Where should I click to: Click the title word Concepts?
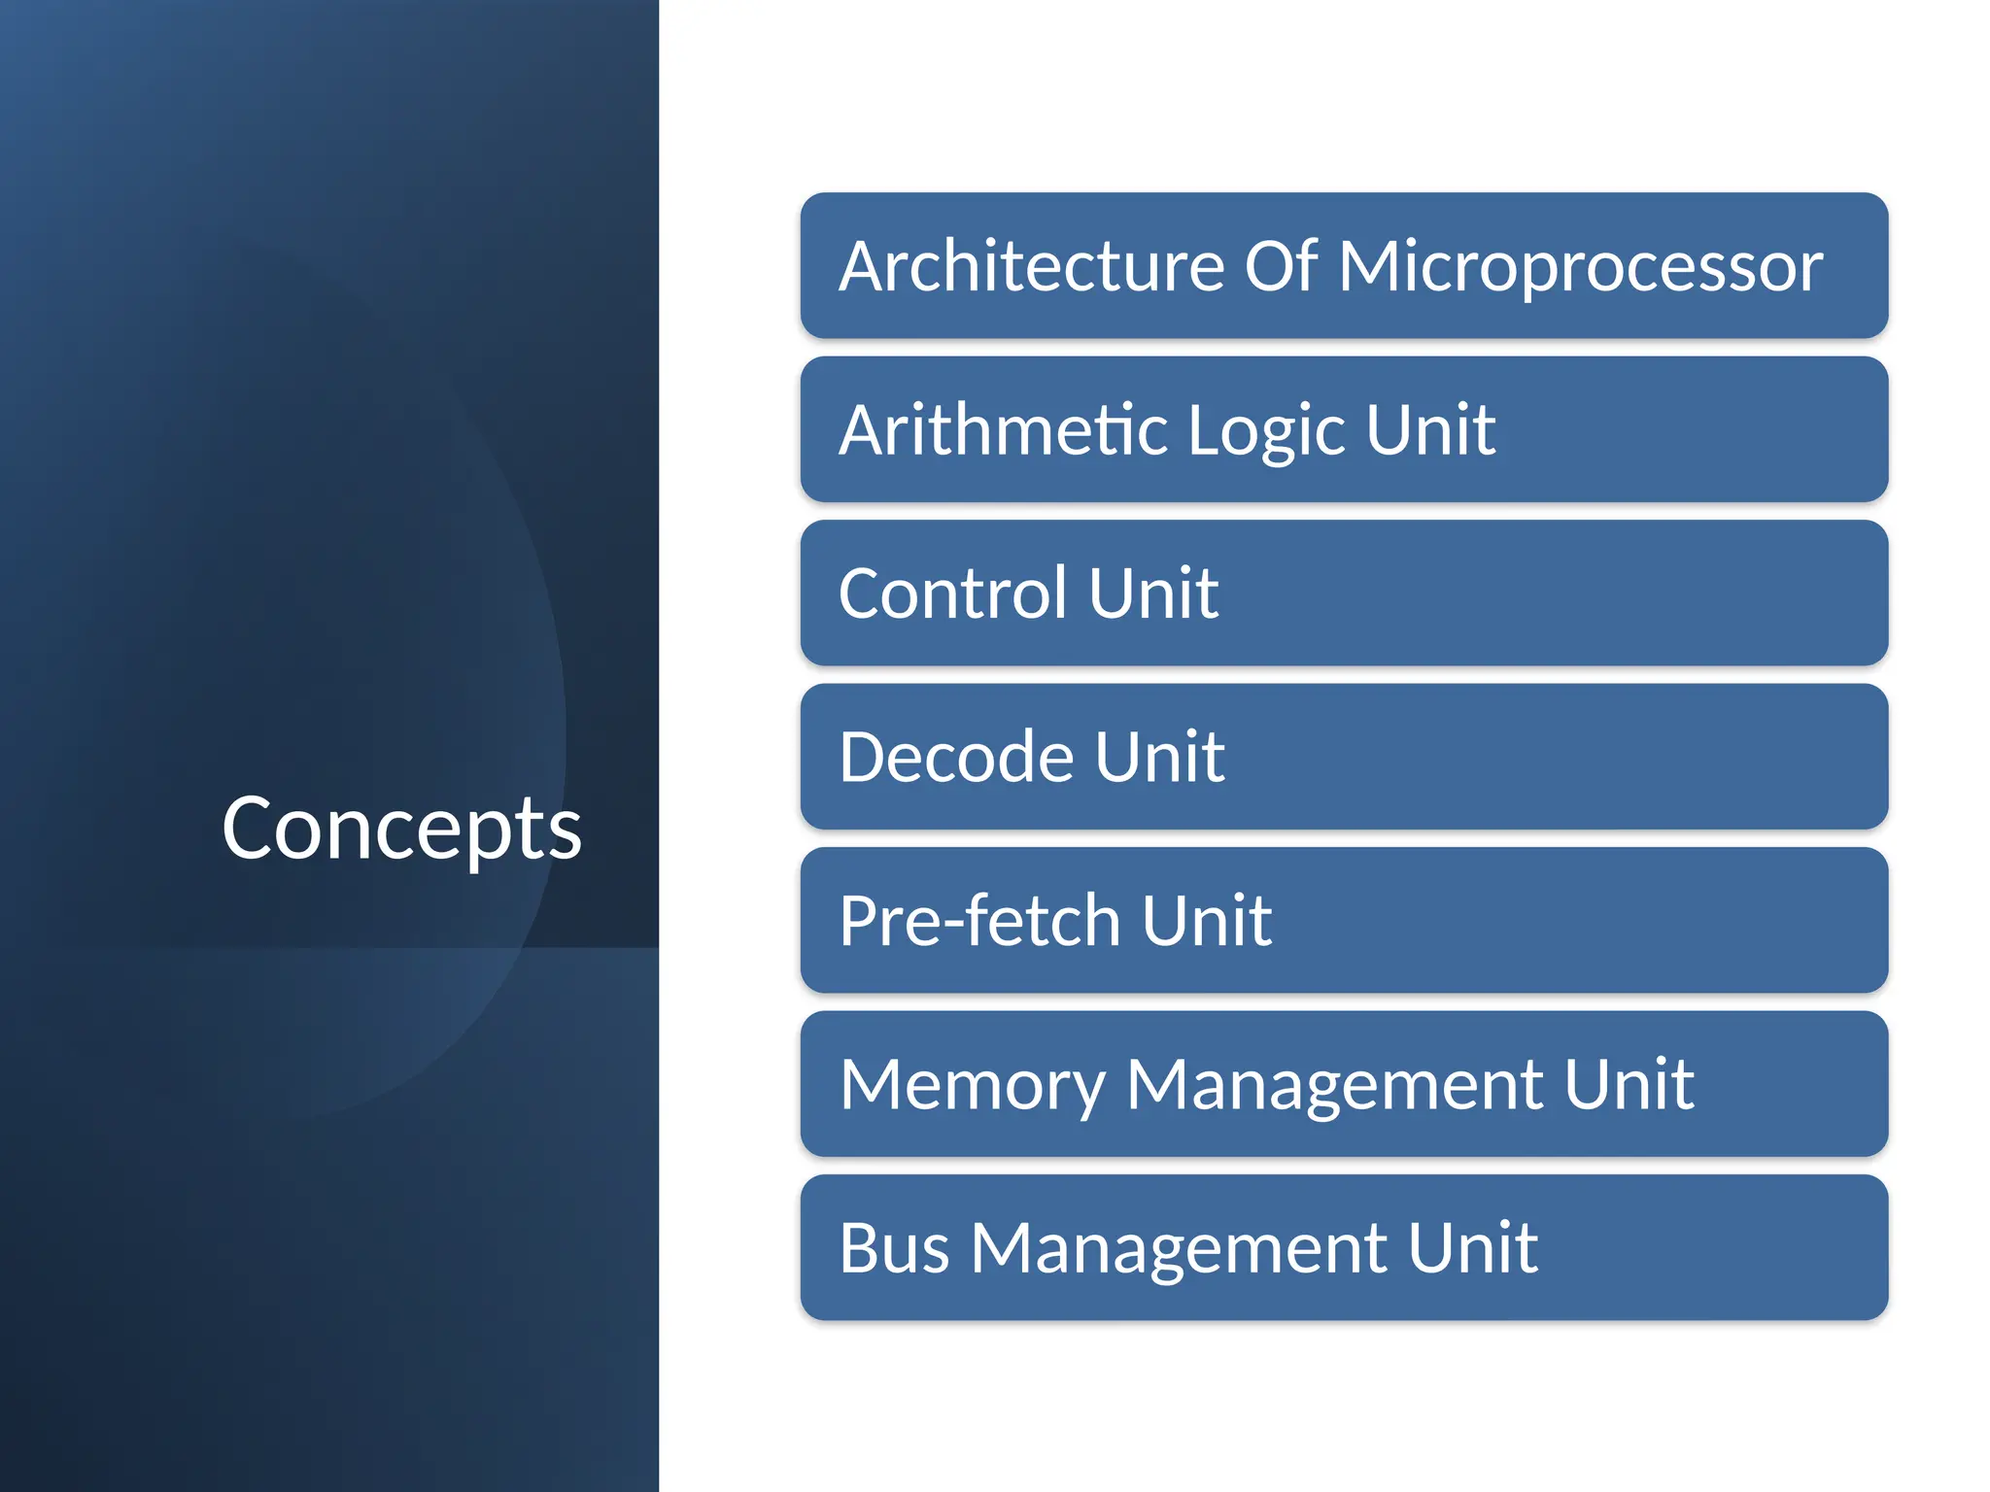(x=401, y=829)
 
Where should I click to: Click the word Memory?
(x=973, y=1085)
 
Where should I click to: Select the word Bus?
(x=894, y=1248)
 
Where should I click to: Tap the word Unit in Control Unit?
(x=1153, y=593)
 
